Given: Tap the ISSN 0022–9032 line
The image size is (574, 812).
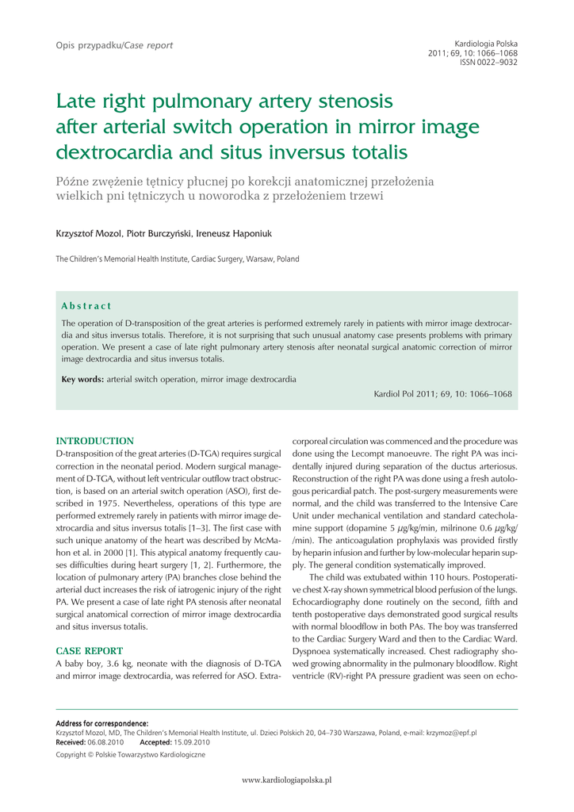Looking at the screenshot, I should point(489,62).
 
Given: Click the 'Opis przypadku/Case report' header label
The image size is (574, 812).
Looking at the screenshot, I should point(114,45).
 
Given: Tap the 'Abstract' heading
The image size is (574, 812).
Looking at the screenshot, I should point(86,306).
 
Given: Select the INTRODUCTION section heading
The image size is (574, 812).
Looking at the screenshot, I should point(94,441).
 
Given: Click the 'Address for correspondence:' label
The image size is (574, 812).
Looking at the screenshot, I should point(102,723).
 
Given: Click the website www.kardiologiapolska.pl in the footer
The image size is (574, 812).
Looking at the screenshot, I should point(286,780).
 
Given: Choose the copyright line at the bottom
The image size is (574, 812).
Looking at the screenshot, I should point(130,755).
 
